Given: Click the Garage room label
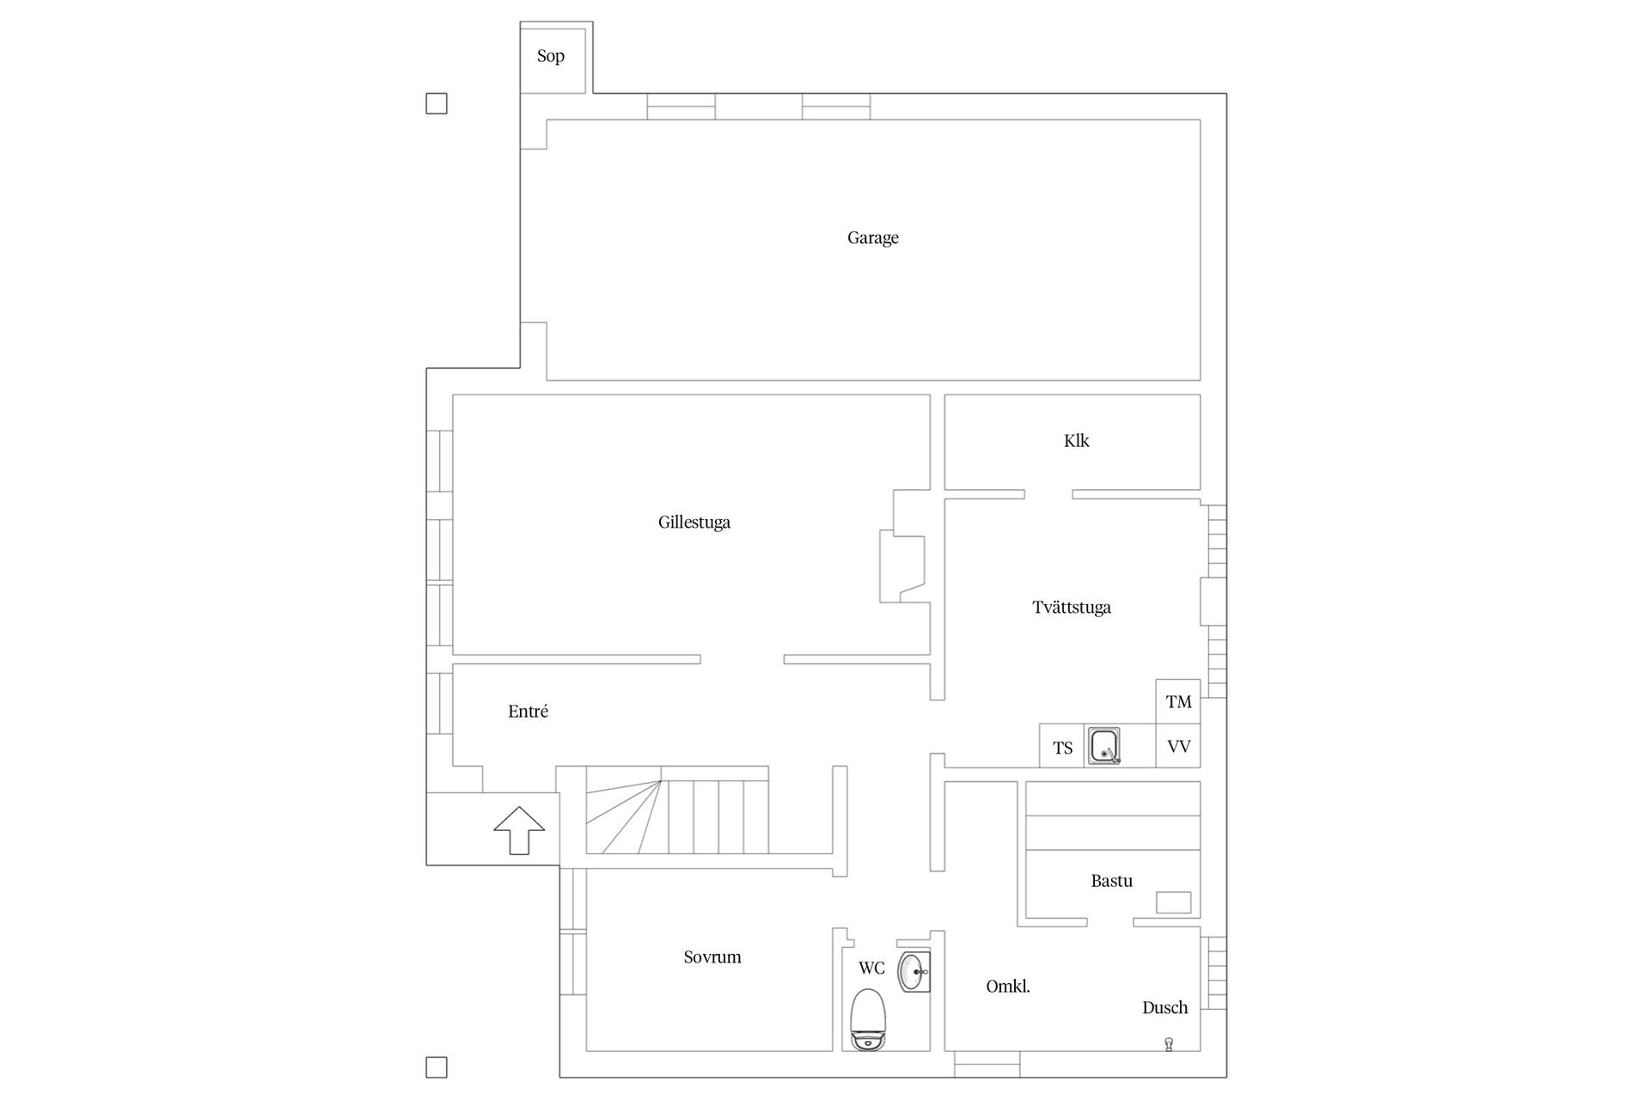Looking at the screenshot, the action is [x=872, y=238].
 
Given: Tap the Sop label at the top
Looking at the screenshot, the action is [x=551, y=57].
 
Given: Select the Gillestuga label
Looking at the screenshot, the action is [x=694, y=522].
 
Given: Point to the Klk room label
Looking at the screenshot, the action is [x=1076, y=441].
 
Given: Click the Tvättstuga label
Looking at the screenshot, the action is [x=1072, y=608].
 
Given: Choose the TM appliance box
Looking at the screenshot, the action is [x=1178, y=701].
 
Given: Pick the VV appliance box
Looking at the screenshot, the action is [x=1178, y=746].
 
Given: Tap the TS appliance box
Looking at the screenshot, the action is [x=1062, y=746].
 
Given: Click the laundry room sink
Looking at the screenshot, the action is [x=1104, y=746].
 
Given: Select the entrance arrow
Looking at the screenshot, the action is [x=519, y=830].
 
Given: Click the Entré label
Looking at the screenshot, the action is [x=528, y=712].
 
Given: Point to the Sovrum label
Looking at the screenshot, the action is [x=712, y=957].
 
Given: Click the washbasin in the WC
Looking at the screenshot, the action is [x=914, y=972].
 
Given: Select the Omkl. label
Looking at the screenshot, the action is [x=1008, y=987].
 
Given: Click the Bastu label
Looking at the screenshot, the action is [x=1111, y=881].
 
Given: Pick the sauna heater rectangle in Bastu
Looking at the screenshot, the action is [x=1173, y=902].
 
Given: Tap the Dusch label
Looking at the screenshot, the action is [x=1164, y=1008].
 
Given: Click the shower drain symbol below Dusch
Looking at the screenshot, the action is [x=1169, y=1044].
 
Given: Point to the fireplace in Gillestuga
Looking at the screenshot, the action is [x=901, y=565].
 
